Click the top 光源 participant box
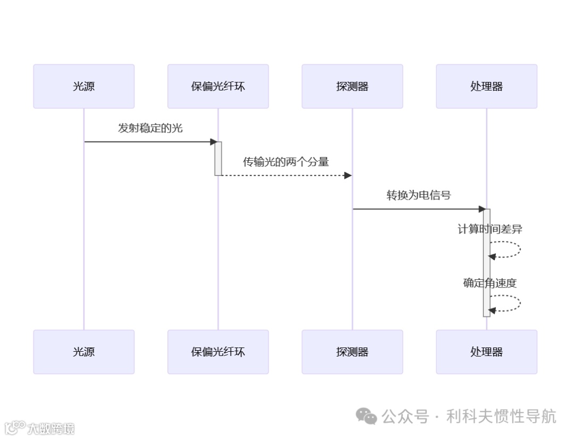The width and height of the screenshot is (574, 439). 84,86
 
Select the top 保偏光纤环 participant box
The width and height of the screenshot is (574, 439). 218,86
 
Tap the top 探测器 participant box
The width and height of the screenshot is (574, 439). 352,86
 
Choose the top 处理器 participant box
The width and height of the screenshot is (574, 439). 486,86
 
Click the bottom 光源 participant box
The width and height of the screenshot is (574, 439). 84,352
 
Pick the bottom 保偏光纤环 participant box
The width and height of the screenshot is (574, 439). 218,352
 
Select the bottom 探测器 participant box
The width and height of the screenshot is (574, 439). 352,352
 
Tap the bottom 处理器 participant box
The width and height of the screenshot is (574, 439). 486,352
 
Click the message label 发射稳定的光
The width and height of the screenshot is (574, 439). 150,128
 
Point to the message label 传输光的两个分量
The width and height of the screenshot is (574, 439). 286,162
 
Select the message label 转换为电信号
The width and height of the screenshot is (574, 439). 419,195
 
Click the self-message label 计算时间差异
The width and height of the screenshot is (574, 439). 490,229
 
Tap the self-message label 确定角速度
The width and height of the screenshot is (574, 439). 489,283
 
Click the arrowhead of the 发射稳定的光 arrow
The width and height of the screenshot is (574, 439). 213,142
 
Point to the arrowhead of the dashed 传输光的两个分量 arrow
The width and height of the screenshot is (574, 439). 348,176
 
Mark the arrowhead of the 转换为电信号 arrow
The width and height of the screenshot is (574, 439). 482,209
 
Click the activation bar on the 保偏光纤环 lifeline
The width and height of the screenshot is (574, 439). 218,158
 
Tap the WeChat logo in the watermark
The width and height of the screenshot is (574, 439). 366,416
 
